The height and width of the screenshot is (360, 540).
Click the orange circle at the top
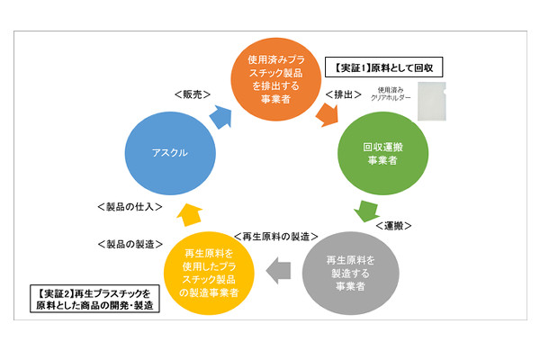click(271, 78)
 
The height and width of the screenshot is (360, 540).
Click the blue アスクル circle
click(171, 152)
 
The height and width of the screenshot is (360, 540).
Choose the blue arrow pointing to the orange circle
click(219, 112)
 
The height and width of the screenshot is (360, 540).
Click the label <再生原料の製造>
click(275, 237)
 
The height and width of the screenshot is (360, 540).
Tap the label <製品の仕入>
click(129, 205)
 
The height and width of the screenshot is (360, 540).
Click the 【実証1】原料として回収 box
click(383, 67)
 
